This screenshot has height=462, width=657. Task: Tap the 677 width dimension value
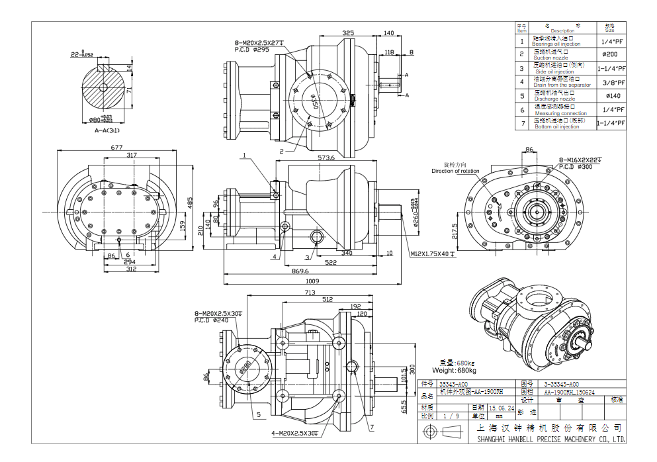(x=117, y=148)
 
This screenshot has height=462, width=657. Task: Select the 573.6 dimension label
(x=326, y=158)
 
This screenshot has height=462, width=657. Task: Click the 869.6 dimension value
(x=300, y=271)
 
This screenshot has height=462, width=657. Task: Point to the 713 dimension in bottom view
(x=310, y=292)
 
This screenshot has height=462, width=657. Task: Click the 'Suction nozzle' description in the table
(x=550, y=58)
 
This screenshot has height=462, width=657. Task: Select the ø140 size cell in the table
(x=610, y=96)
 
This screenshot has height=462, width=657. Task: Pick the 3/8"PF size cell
(x=610, y=82)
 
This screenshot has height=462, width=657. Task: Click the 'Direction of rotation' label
(x=455, y=171)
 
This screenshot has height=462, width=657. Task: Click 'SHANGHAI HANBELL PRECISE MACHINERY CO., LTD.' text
(x=550, y=439)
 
